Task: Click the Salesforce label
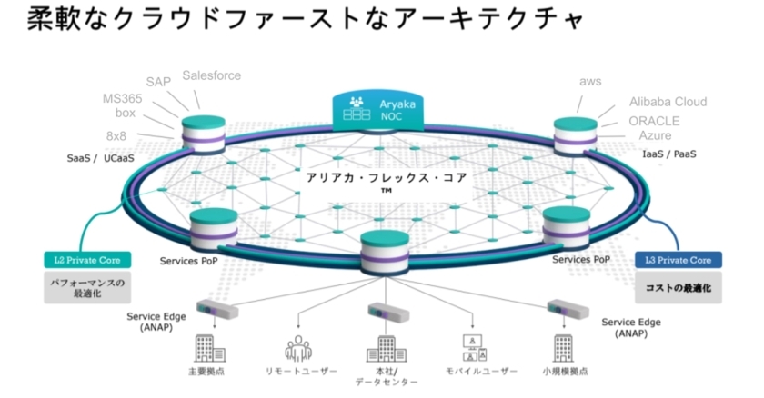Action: point(212,75)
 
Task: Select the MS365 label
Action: point(126,98)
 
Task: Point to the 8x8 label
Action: point(121,134)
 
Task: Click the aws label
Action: point(590,82)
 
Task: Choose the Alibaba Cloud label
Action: point(668,102)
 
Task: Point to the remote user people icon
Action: point(298,348)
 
